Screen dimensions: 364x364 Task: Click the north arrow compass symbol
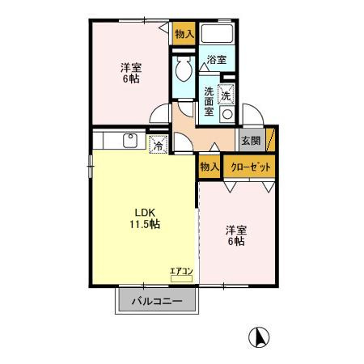coord(259,337)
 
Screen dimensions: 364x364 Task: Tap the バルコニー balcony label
coord(157,301)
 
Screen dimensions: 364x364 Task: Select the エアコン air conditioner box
coord(181,279)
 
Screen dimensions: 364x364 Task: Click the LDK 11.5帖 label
coord(145,218)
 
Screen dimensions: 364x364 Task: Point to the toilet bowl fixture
coord(184,68)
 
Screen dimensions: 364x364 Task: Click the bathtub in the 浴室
coord(217,33)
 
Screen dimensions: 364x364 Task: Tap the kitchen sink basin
coord(130,141)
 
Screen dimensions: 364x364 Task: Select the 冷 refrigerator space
coord(159,145)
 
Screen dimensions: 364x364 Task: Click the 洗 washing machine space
coord(226,95)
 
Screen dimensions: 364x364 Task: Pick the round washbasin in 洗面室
coord(227,114)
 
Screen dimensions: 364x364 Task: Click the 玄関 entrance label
coord(251,141)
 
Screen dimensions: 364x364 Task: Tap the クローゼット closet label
coord(251,167)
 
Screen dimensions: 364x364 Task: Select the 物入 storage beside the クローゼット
coord(210,167)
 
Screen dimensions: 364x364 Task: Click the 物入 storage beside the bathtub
coord(184,33)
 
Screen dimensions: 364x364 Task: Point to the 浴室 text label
coord(217,59)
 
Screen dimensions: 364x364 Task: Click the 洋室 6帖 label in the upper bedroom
coord(131,73)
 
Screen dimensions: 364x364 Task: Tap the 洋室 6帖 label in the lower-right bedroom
coord(236,235)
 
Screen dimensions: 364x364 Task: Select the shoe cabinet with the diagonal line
coord(270,139)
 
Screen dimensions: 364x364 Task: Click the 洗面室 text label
coord(209,102)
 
